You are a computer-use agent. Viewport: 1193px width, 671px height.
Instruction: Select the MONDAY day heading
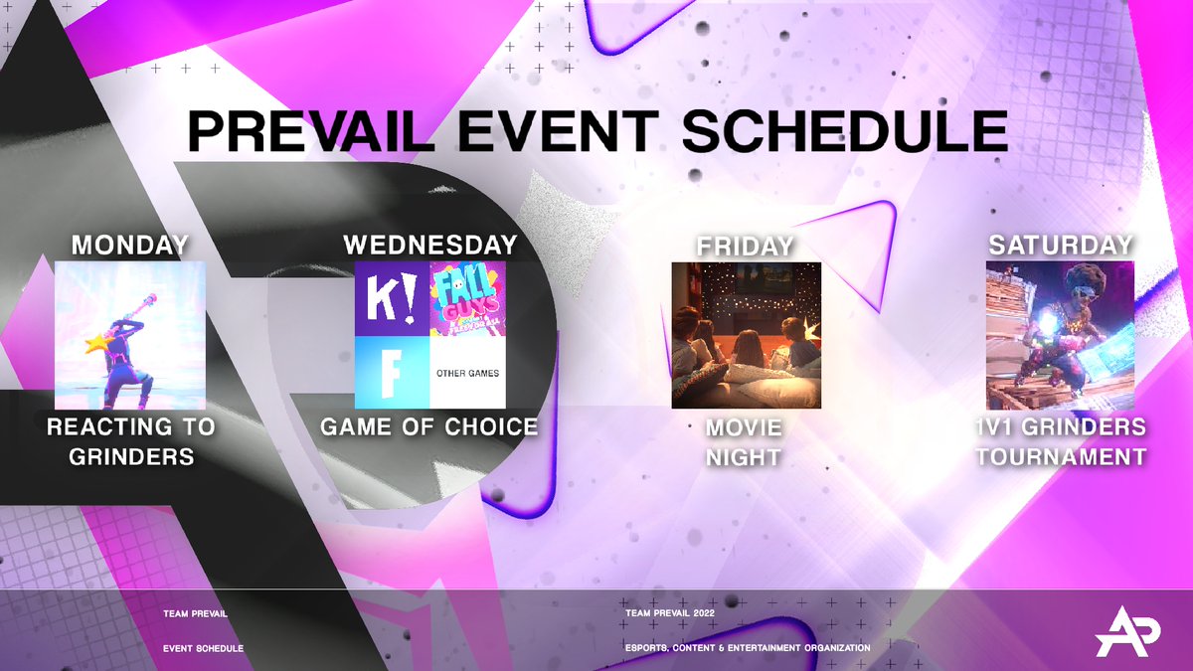pos(130,245)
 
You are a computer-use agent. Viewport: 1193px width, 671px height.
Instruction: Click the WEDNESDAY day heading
pos(429,245)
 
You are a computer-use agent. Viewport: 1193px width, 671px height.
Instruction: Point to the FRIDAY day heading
pos(746,245)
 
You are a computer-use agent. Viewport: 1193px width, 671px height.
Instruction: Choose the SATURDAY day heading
pos(1061,245)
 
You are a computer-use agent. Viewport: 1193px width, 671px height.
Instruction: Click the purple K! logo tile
pos(392,298)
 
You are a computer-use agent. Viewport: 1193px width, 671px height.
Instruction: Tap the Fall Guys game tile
pos(467,298)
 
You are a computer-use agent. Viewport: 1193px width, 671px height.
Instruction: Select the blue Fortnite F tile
pos(392,372)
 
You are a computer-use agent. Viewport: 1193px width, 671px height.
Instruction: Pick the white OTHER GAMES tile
pos(467,373)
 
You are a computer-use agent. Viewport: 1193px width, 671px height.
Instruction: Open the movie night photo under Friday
pos(747,335)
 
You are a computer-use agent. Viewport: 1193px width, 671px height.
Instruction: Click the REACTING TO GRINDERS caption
pos(130,442)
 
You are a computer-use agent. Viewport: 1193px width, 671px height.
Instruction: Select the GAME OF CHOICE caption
pos(429,427)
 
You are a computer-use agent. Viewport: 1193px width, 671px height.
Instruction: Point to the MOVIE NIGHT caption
pos(744,442)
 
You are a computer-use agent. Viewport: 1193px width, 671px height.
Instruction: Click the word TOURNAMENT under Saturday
pos(1061,457)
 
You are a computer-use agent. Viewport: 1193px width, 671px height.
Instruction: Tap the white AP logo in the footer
pos(1125,632)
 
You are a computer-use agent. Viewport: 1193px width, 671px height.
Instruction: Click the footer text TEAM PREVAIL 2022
pos(669,613)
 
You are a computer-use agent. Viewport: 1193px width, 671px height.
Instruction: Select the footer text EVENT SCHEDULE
pos(203,648)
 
